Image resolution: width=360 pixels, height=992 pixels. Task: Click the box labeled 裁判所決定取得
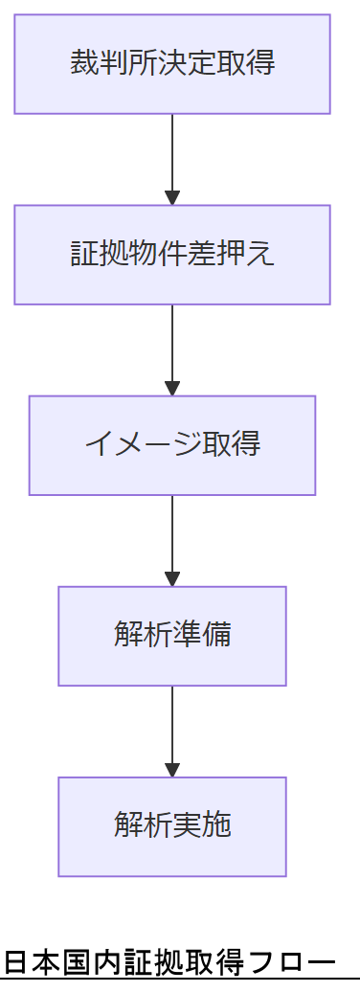click(x=172, y=64)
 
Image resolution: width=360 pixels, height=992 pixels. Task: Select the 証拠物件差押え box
click(x=172, y=255)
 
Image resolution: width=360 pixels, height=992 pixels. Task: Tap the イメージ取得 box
click(x=172, y=445)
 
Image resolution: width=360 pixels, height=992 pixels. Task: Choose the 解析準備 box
click(x=172, y=636)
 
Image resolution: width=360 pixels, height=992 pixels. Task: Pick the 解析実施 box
click(x=172, y=826)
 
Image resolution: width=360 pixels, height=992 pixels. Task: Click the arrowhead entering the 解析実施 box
click(x=172, y=770)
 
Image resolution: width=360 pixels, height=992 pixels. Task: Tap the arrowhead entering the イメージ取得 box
click(x=172, y=389)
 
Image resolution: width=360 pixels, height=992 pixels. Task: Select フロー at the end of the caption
click(x=291, y=962)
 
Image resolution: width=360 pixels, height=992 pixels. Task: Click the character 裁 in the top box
click(x=81, y=64)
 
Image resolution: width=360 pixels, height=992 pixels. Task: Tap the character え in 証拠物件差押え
click(x=263, y=255)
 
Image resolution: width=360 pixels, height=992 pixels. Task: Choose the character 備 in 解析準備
click(x=217, y=636)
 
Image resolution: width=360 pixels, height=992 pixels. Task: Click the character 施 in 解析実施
click(x=217, y=826)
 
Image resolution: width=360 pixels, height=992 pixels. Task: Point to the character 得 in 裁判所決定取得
click(x=263, y=64)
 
